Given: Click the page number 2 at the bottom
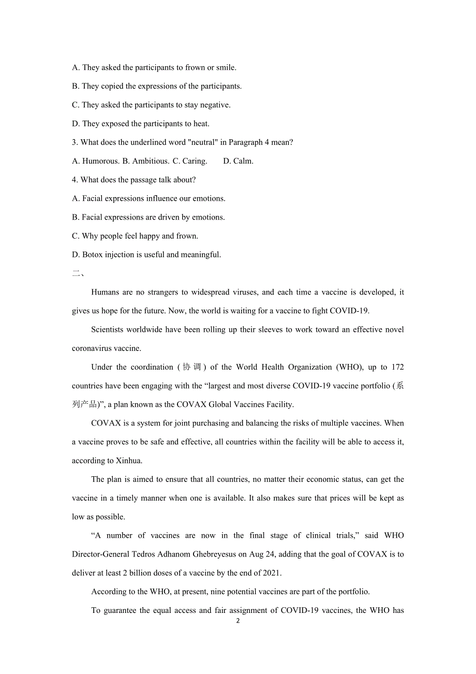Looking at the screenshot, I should click(x=238, y=621).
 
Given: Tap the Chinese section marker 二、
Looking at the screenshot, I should click(x=78, y=273).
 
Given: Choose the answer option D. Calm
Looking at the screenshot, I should click(x=239, y=161).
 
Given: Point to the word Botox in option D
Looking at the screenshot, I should click(x=93, y=255).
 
